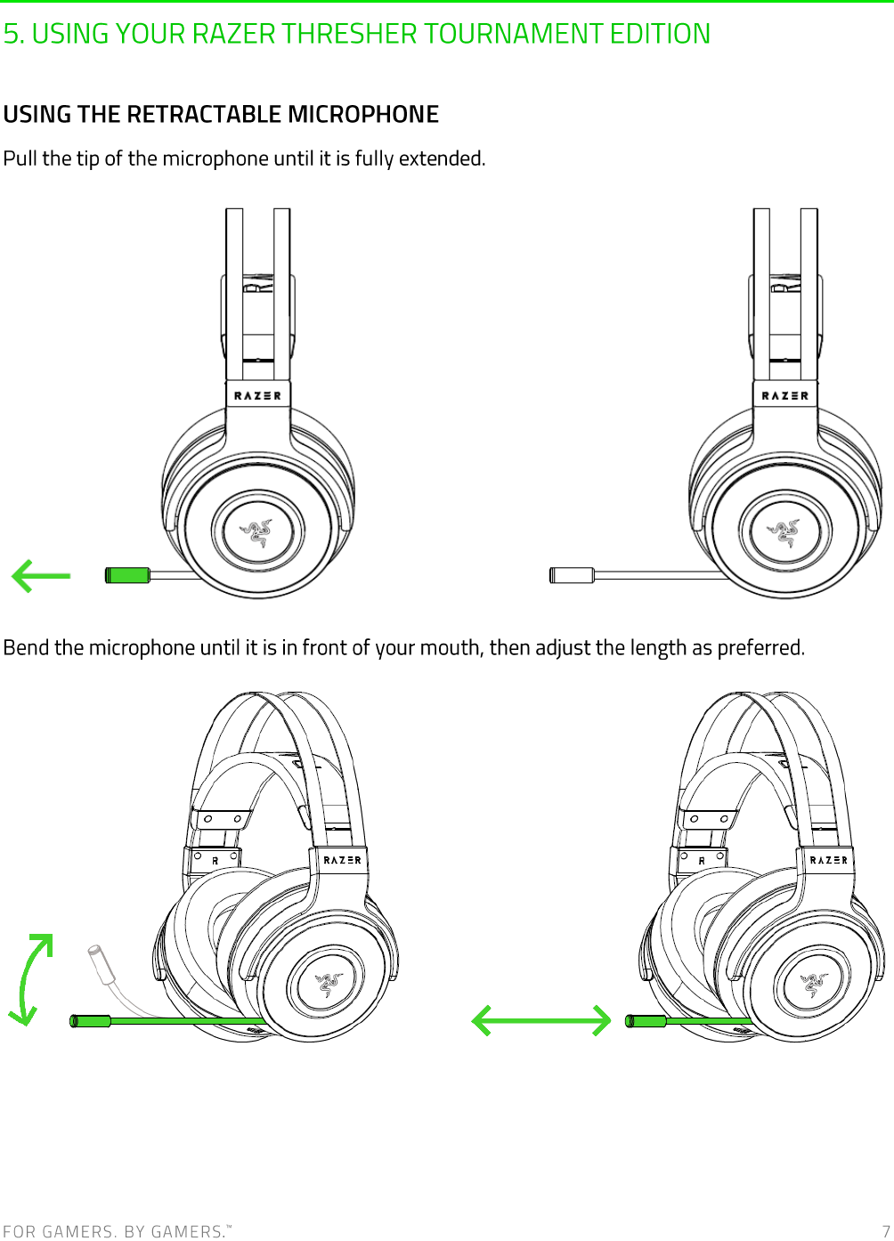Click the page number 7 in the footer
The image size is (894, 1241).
pos(885,1230)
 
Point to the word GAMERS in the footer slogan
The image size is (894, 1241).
pos(77,1231)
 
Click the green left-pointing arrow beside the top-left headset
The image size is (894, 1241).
pos(41,576)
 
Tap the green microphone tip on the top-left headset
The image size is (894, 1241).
pos(127,575)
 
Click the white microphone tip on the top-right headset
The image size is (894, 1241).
pos(572,575)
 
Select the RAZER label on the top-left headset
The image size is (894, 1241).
pos(257,395)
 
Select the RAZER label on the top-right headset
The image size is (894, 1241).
pos(784,395)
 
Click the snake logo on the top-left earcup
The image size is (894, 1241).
pos(257,531)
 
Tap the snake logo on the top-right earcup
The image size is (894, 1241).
pos(784,531)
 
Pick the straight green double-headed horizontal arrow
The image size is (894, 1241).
pos(540,1020)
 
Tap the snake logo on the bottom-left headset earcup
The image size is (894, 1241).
pos(328,984)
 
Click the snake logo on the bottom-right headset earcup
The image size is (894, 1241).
pos(813,984)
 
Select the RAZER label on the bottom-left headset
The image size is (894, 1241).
pos(342,860)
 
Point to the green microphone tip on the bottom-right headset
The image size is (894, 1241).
pos(646,1020)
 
